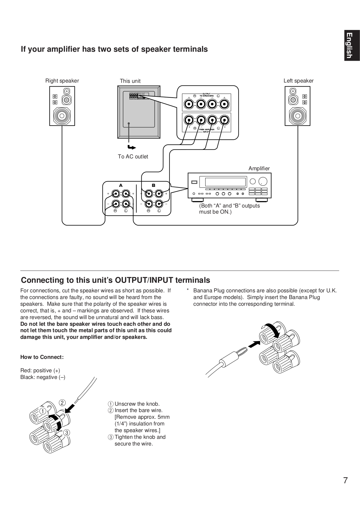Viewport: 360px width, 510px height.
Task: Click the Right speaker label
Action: pyautogui.click(x=62, y=81)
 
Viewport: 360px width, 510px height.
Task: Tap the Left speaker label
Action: pyautogui.click(x=298, y=81)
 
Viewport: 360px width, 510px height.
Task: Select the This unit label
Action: pyautogui.click(x=130, y=81)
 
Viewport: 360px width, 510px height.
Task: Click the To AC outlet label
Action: pyautogui.click(x=133, y=157)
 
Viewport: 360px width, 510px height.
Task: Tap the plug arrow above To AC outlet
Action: pyautogui.click(x=131, y=148)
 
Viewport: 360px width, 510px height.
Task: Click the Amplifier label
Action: pyautogui.click(x=259, y=169)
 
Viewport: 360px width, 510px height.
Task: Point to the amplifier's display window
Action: pyautogui.click(x=225, y=182)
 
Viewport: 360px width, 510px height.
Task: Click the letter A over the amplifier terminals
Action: pyautogui.click(x=121, y=185)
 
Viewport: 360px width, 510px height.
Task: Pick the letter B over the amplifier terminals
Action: pyautogui.click(x=154, y=185)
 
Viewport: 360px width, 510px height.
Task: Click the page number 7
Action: pyautogui.click(x=345, y=481)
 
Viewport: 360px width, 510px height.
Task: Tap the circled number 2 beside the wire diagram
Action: pyautogui.click(x=62, y=403)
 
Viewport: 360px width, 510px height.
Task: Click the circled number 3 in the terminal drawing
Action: pyautogui.click(x=66, y=433)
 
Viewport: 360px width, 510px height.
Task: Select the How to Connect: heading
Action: pyautogui.click(x=42, y=357)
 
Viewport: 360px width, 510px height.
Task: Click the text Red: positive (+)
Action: pyautogui.click(x=40, y=371)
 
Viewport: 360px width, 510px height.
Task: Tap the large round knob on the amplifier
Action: pyautogui.click(x=262, y=181)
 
